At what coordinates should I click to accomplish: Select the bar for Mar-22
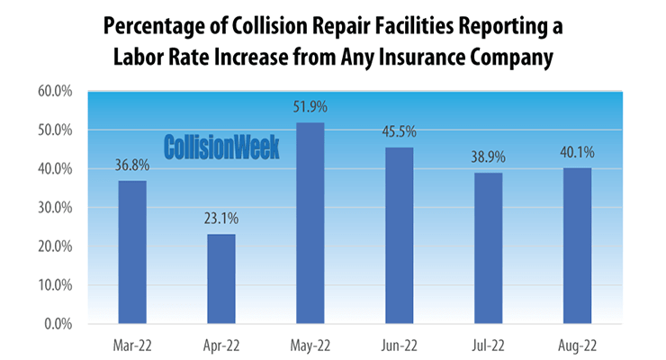(x=132, y=252)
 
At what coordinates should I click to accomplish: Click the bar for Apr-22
(x=221, y=279)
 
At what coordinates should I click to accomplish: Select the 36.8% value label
(x=132, y=166)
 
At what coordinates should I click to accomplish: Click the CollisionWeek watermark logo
(x=221, y=147)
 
